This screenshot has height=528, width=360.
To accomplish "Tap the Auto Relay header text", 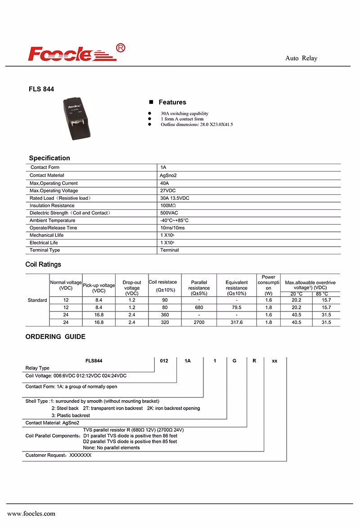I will pos(301,59).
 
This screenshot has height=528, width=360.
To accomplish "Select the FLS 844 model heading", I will pos(41,89).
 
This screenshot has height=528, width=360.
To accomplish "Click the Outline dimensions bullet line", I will pos(197,124).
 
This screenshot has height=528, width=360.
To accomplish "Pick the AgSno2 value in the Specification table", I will pos(169,175).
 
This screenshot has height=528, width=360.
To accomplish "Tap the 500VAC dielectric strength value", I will pos(169,213).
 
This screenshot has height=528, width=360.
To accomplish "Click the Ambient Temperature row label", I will pos(52,221).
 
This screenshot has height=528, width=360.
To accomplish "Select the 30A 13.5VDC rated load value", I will pos(175,198).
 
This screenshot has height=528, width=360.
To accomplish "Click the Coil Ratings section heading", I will pos(43,265).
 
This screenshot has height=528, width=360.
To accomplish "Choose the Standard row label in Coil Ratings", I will pos(37,300).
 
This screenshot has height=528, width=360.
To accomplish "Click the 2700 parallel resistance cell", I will pos(199,322).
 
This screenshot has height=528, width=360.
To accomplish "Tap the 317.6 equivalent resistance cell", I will pos(236,322).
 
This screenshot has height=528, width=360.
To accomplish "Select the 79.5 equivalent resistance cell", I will pos(236,307).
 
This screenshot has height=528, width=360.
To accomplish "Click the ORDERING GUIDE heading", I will pos(55,337).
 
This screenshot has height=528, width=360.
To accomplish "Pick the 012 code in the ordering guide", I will pos(164,361).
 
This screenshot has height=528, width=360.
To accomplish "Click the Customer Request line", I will pos(58,456).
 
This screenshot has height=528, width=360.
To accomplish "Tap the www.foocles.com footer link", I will pos(31,514).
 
